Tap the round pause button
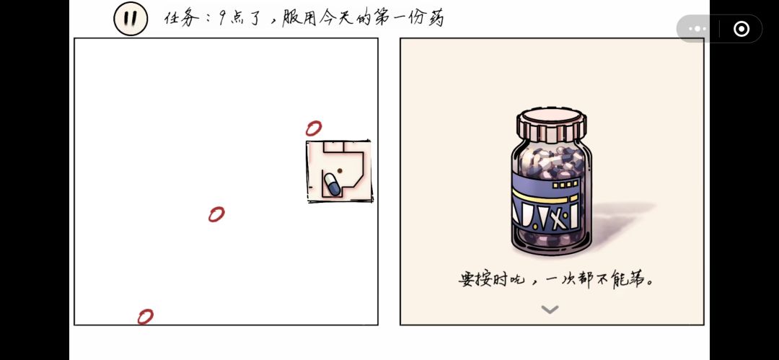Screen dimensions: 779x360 [x=131, y=19]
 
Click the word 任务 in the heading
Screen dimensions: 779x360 [x=182, y=19]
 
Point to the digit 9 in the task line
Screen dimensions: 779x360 [x=222, y=19]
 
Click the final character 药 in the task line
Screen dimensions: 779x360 [x=436, y=19]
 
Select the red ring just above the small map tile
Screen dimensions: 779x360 [x=314, y=128]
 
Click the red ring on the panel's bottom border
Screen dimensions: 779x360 [x=145, y=317]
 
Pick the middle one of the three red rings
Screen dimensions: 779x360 [x=216, y=214]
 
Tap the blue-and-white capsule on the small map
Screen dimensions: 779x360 [x=332, y=184]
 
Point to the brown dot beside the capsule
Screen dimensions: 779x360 [x=340, y=170]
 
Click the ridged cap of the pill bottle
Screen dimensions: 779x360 [x=551, y=123]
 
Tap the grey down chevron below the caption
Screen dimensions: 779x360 [x=550, y=309]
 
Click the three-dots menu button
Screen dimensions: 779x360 [x=697, y=29]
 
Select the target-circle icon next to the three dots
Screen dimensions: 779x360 [x=741, y=29]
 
